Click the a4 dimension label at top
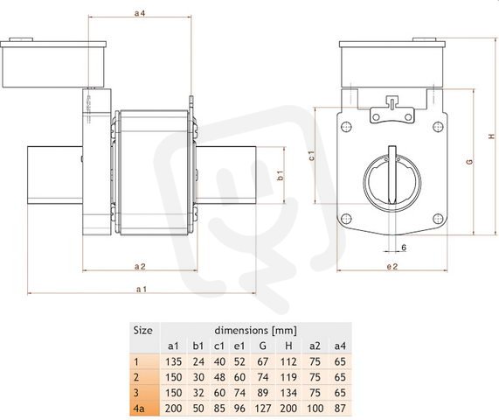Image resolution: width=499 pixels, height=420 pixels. pos(140,13)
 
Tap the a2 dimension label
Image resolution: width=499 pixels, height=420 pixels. pos(140,266)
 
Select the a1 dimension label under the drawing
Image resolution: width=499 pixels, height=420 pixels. pos(142,289)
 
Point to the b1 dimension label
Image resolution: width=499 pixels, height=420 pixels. pos(281,176)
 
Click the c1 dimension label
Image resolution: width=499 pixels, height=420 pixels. pos(312,156)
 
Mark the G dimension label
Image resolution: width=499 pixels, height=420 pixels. pos(469,162)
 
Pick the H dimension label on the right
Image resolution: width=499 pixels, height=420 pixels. pos(492,136)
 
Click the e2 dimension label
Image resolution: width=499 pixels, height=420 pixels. pos(392,266)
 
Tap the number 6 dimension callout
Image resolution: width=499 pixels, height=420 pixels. pos(404,248)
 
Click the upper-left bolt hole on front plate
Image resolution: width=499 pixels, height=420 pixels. pos(346,127)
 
